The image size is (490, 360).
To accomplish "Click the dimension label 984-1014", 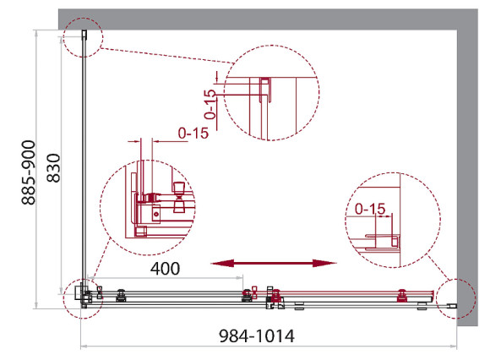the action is point(257,336).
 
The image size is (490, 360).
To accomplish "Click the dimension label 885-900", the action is point(29,172).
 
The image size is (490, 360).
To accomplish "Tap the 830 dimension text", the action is point(53,168).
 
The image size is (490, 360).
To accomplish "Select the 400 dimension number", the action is point(165,269).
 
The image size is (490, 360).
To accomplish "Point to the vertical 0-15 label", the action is point(210,105).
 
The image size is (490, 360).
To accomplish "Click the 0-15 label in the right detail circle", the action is point(370,209).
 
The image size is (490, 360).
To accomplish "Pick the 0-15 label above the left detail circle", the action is point(193,134).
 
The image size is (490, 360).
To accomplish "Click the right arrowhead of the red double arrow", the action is point(324,263).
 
